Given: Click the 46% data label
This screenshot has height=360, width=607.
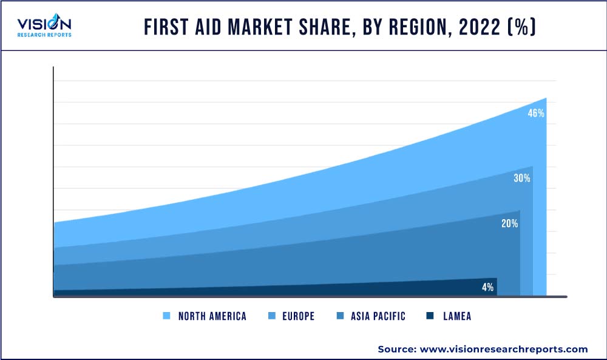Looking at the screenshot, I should (536, 113).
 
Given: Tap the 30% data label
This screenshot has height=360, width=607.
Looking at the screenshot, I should (522, 178).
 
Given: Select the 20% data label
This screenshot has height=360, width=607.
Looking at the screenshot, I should (509, 223).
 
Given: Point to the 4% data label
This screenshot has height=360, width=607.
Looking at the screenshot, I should (487, 287).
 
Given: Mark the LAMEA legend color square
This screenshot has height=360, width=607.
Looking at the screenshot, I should (430, 316).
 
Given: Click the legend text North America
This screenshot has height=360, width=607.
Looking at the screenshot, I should (212, 316).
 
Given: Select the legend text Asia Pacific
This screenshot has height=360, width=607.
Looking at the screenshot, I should (378, 316).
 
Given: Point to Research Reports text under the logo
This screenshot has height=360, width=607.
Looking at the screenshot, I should (44, 35).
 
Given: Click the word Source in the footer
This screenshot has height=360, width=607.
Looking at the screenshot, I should (395, 349).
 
